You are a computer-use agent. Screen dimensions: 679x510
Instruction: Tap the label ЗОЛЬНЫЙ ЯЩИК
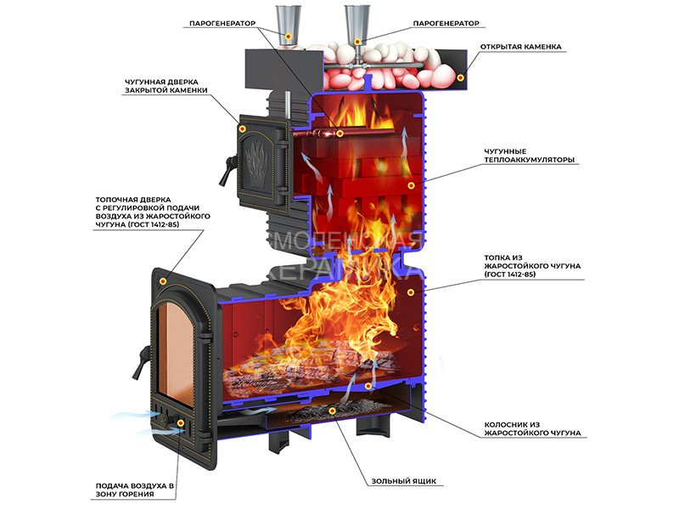(404, 481)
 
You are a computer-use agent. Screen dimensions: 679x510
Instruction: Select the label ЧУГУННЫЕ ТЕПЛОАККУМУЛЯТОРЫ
(529, 156)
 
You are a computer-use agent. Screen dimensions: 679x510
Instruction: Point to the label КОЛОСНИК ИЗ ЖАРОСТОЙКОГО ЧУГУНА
(532, 429)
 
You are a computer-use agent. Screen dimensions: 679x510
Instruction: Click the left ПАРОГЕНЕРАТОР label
(222, 24)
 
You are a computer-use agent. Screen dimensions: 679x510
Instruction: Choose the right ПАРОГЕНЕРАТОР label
(446, 24)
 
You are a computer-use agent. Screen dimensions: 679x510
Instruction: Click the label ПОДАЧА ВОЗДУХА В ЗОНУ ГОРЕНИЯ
(135, 490)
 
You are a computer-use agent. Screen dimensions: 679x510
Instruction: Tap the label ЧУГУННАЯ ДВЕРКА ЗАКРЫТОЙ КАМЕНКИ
(166, 86)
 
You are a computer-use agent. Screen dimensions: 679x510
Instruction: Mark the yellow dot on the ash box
(333, 411)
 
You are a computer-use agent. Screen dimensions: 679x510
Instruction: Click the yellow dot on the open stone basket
(461, 77)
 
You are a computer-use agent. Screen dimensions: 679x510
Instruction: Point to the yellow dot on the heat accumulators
(411, 185)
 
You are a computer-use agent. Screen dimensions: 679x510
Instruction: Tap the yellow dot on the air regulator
(181, 422)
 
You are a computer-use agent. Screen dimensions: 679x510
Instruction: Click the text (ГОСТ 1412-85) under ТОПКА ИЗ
(510, 275)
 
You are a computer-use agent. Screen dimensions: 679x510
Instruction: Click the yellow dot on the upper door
(242, 128)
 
